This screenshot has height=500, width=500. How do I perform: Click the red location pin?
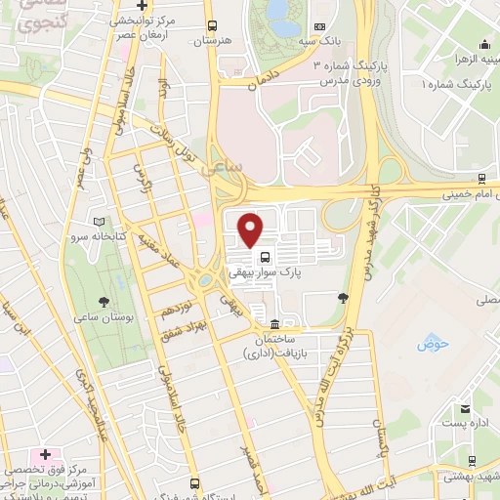[251, 230]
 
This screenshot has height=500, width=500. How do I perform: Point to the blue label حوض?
[431, 344]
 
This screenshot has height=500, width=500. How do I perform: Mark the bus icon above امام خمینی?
[482, 178]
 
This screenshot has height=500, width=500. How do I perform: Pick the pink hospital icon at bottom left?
[43, 457]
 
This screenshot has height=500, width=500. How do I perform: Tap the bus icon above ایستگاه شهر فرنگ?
[195, 483]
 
